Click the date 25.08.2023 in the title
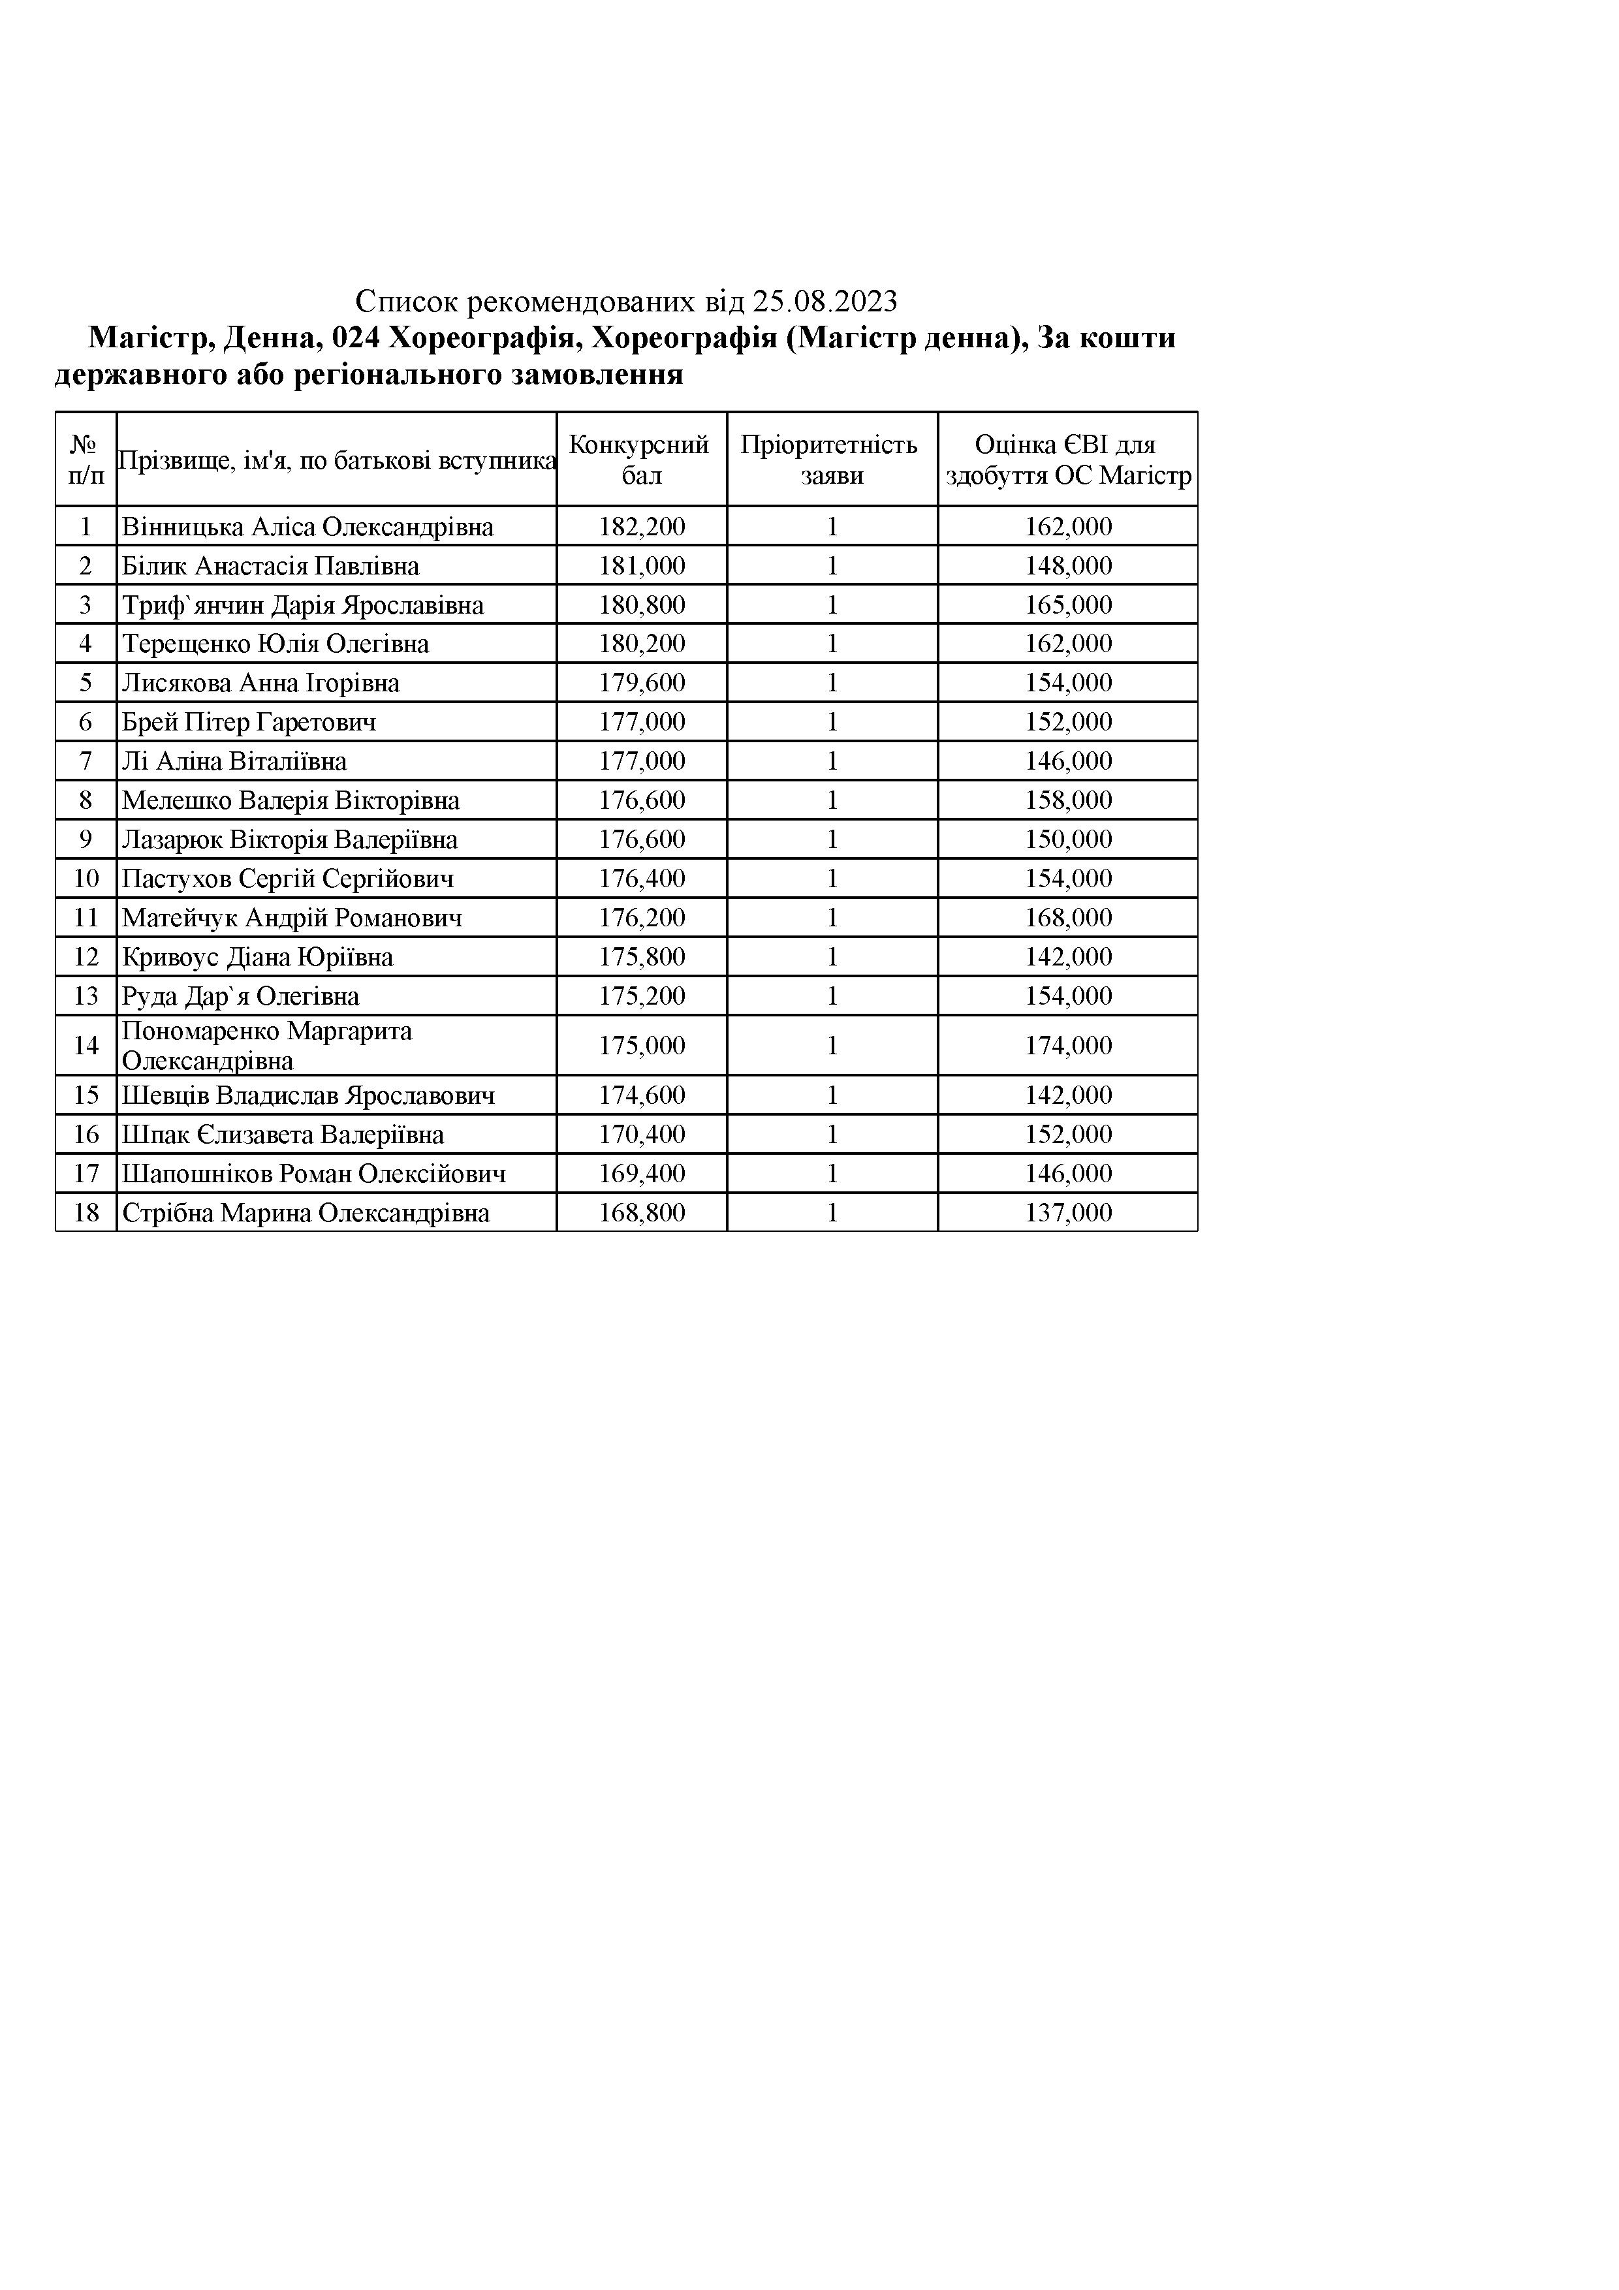pos(825,301)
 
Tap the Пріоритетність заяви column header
pos(831,460)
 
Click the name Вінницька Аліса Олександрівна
pos(307,527)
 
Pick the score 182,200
pos(642,527)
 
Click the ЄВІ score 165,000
pos(1069,605)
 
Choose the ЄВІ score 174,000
pos(1069,1045)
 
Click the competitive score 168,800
pos(642,1213)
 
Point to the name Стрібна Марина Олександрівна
pos(306,1213)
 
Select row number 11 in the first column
pos(86,918)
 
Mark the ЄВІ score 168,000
pos(1069,918)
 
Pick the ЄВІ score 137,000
pos(1069,1213)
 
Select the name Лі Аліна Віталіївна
pos(234,762)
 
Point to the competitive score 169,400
pos(642,1174)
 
